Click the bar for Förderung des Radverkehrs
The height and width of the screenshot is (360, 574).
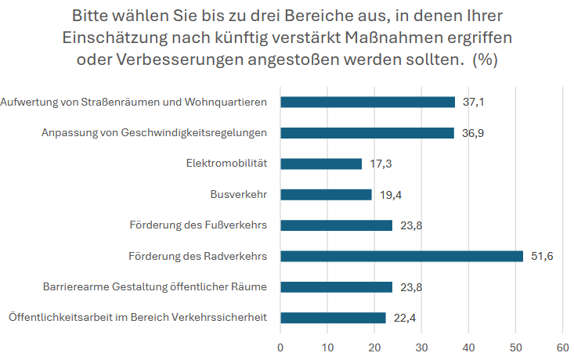[401, 256]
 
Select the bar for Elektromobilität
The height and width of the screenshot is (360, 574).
[321, 164]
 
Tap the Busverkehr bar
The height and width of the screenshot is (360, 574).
[326, 195]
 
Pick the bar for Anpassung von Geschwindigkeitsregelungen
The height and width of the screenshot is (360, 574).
[366, 133]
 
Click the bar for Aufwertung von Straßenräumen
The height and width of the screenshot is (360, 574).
[367, 102]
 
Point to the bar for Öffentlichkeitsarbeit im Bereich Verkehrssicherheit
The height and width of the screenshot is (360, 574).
[333, 318]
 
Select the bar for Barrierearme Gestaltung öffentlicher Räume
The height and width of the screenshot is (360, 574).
[336, 287]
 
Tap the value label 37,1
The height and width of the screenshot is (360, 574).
[473, 102]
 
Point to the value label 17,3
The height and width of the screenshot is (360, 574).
[380, 164]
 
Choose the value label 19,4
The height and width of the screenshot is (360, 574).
[390, 195]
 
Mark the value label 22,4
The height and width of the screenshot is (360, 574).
[404, 318]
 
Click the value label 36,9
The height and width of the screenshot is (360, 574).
[472, 133]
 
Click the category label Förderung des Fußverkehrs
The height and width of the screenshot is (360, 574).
[198, 225]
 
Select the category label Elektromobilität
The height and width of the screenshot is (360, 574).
[226, 164]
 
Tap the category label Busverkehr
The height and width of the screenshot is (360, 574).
[239, 195]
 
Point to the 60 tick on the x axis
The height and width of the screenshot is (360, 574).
[562, 346]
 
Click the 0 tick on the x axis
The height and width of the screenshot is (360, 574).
[280, 346]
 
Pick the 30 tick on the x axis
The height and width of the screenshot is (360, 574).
[421, 346]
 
